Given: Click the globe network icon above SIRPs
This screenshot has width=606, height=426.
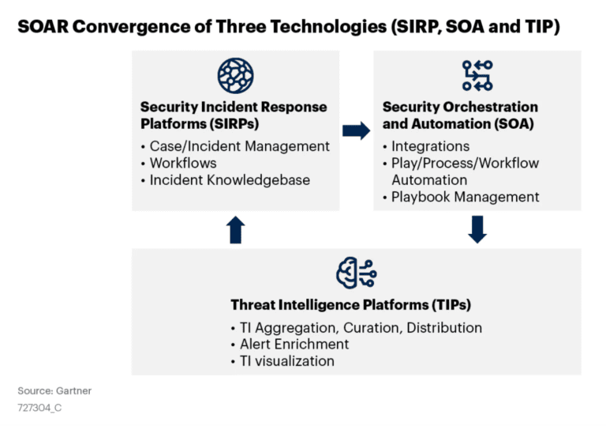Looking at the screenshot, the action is point(235,76).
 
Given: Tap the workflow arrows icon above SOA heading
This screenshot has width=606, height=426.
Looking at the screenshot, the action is point(477,76).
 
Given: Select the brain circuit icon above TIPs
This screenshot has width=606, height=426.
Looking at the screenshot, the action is point(357,273).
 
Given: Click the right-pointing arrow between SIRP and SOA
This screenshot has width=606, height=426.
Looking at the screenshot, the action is point(356,130).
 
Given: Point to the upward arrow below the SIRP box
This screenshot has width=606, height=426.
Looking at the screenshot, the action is point(235,230).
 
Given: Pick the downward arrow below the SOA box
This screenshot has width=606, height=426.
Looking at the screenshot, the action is point(477,230).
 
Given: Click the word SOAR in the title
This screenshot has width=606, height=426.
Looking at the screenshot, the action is point(43,27).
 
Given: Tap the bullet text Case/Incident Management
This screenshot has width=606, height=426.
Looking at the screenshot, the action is point(240,146).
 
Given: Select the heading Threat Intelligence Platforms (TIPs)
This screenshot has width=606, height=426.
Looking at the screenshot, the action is point(350,305).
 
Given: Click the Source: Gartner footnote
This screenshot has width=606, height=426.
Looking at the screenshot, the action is point(54,390).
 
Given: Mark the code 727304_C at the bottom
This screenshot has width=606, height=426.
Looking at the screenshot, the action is point(39,408).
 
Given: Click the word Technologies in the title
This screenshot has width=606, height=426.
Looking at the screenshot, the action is point(328,27).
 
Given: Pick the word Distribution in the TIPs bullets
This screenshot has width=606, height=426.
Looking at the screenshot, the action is point(444,328).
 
